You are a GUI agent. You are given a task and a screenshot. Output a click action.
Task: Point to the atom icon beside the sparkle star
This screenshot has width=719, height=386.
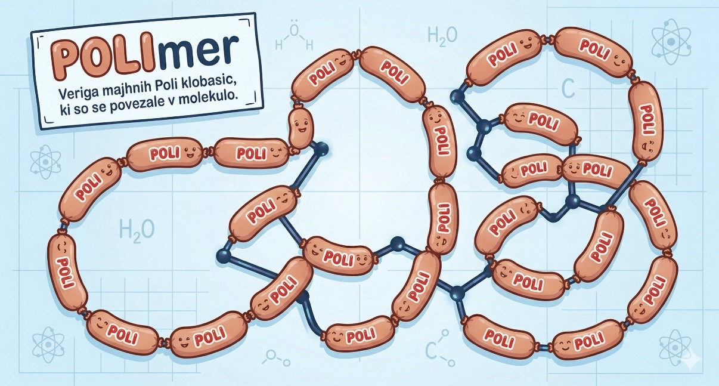(x=674, y=347)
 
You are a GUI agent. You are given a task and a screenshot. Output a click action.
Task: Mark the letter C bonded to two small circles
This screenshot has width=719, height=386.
(x=433, y=351)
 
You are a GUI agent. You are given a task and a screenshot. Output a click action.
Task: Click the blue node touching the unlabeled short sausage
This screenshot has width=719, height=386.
(x=322, y=147)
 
